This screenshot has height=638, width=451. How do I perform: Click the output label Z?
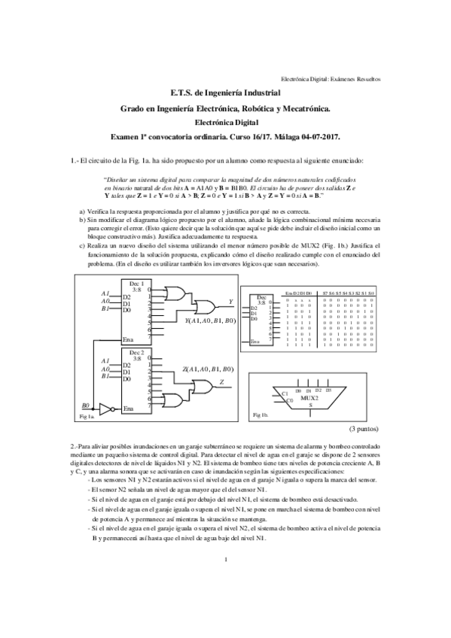click(221, 382)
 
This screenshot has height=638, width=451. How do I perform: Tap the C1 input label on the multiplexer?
click(285, 393)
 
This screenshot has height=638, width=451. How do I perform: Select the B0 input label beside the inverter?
click(87, 405)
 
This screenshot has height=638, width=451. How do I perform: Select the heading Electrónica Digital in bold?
click(225, 121)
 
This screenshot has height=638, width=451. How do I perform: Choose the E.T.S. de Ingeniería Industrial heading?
click(225, 93)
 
